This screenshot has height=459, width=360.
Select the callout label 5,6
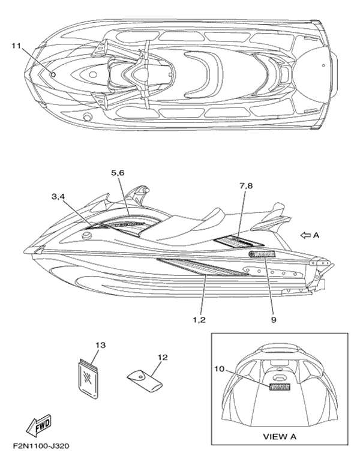click(x=117, y=173)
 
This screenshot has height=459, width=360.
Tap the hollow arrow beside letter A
click(x=305, y=236)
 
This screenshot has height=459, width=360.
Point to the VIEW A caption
click(x=281, y=436)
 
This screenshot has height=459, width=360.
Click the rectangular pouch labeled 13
click(x=88, y=378)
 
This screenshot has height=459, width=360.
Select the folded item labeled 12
click(x=144, y=380)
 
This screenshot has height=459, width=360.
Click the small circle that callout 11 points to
click(x=53, y=74)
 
